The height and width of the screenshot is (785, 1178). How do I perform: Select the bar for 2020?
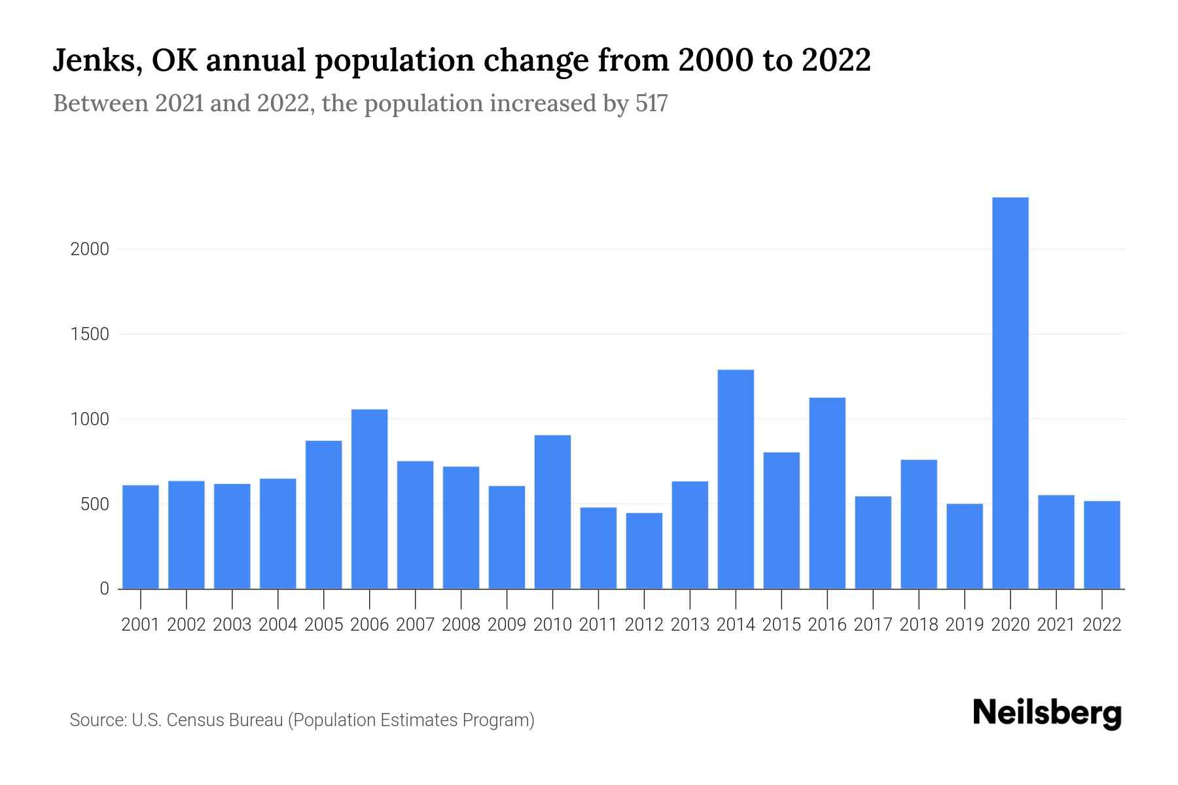1010,392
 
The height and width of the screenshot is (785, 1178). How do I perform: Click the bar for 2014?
736,479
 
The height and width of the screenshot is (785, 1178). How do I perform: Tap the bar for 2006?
369,498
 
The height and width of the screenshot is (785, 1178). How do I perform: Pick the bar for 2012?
644,550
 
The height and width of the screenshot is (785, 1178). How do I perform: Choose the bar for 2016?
827,493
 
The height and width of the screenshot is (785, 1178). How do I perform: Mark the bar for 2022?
1101,544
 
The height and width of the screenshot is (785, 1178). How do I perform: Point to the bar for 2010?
552,512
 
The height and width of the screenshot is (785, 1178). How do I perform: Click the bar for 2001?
141,536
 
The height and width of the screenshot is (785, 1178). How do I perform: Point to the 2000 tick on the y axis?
90,249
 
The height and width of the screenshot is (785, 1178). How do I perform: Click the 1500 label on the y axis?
90,334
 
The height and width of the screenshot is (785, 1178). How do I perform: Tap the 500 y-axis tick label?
94,504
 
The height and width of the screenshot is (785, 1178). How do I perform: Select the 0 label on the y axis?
104,589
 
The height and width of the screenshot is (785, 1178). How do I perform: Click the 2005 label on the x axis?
324,625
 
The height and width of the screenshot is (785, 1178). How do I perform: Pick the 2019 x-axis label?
965,625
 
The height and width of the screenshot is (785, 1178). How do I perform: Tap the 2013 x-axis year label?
690,625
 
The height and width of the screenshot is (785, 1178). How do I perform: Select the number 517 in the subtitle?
651,103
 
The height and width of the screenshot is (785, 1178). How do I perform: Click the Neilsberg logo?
1047,713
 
